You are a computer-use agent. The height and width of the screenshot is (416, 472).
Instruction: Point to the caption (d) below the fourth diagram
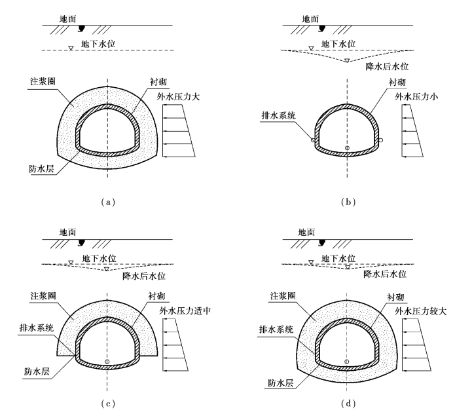[347, 402]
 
